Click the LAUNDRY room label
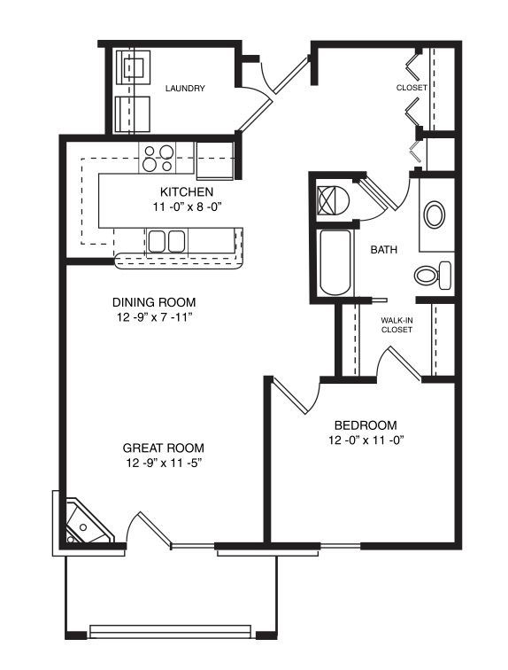click(185, 89)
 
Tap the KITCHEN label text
click(187, 191)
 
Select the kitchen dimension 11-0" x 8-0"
click(187, 206)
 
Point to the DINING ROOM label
click(154, 302)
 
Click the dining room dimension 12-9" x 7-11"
click(154, 317)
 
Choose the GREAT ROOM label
click(164, 448)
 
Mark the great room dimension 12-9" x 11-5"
click(164, 464)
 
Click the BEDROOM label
click(366, 425)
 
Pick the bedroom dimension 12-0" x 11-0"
click(366, 440)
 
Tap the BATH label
click(383, 250)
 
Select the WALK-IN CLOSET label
click(396, 324)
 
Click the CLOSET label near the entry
click(412, 88)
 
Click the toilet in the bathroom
click(433, 275)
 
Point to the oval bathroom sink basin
click(435, 214)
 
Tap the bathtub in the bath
click(335, 263)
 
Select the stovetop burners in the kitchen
click(158, 158)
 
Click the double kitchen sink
click(166, 241)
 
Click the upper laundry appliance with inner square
click(134, 67)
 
